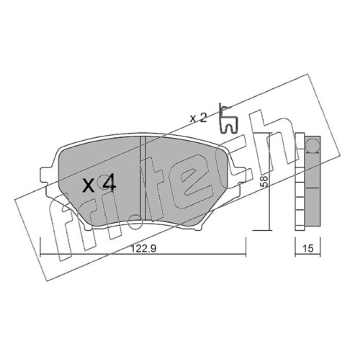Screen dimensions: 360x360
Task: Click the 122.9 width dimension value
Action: point(143,249)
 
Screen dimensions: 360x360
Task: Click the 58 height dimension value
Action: point(265,182)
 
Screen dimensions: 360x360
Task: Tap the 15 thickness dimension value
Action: point(308,248)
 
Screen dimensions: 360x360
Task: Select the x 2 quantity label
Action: point(198,118)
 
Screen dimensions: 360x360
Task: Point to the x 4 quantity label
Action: point(99,184)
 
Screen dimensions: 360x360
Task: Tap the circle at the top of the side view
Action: point(313,145)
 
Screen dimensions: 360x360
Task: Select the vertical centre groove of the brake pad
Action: point(143,178)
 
